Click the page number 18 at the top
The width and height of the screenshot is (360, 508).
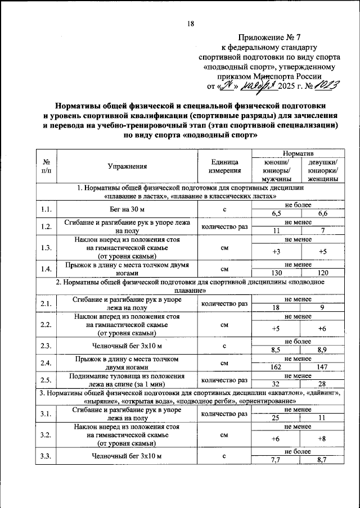[x=191, y=23]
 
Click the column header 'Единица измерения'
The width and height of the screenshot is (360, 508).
[x=224, y=166]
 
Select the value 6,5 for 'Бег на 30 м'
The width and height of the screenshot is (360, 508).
[x=276, y=214]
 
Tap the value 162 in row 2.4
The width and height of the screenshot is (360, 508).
[x=276, y=369]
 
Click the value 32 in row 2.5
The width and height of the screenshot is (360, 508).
[x=276, y=384]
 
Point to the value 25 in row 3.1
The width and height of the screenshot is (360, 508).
[x=276, y=419]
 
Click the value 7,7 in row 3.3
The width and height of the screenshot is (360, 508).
[x=276, y=460]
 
